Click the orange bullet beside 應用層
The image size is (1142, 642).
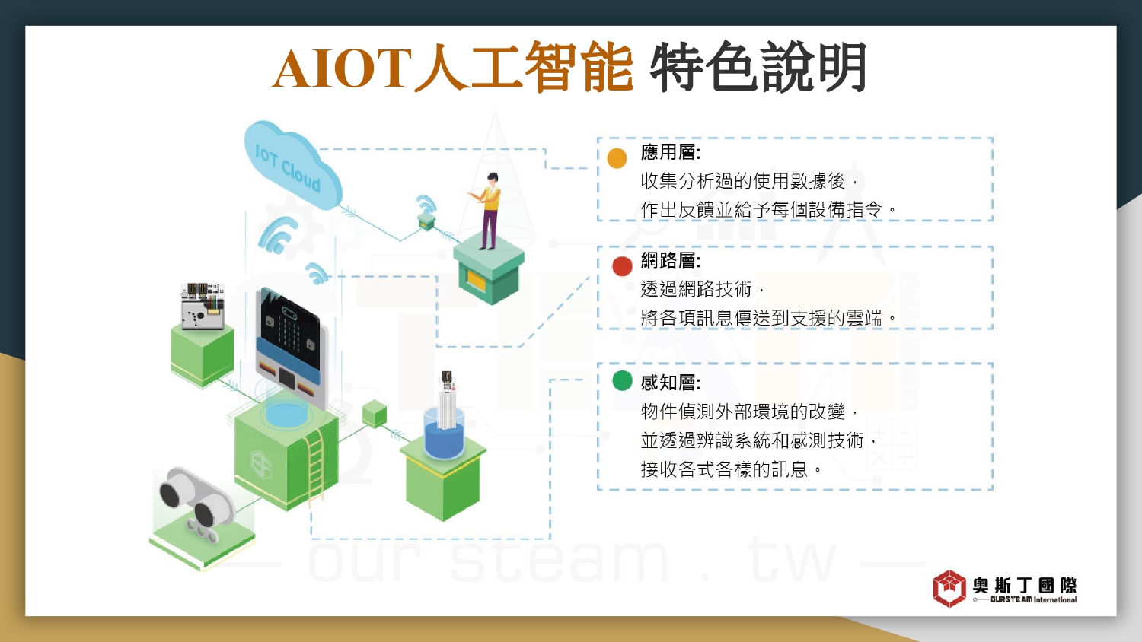point(617,158)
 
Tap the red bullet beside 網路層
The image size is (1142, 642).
point(622,266)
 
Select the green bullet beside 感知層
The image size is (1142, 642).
point(622,380)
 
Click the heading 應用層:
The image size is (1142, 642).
point(671,152)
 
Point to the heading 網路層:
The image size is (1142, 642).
point(671,260)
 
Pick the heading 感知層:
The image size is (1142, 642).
point(671,383)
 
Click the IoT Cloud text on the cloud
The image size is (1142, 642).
point(288,168)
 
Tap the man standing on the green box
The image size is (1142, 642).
point(487,211)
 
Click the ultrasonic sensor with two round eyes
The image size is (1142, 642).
point(197,502)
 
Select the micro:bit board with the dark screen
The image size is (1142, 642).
point(290,346)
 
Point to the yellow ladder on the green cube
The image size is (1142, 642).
point(315,466)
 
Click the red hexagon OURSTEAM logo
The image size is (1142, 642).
point(949,589)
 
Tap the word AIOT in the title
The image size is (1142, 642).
point(342,68)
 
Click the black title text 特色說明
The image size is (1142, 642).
point(758,67)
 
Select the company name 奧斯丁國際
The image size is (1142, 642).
point(1024,585)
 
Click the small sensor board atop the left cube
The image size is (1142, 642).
point(203,307)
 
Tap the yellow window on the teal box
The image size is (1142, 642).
point(476,279)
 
